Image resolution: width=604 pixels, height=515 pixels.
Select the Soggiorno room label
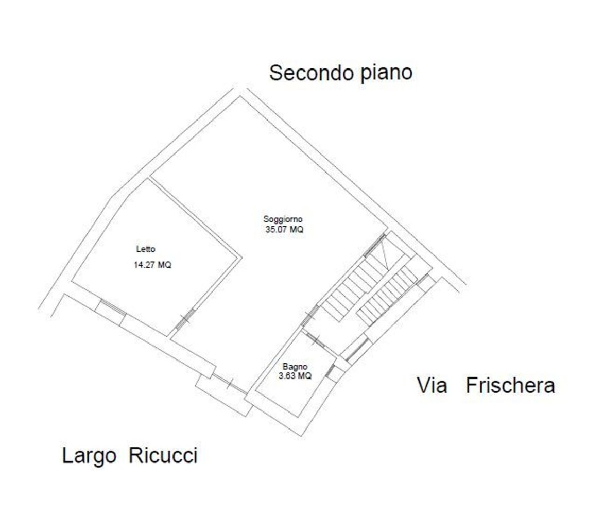[283, 219]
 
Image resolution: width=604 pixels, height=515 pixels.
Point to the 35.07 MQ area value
[284, 230]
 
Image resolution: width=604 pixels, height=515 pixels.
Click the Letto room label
[146, 249]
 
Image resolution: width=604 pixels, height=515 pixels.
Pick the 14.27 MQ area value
[152, 266]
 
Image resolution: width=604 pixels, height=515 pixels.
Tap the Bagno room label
[295, 367]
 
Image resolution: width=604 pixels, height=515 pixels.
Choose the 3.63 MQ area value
[295, 376]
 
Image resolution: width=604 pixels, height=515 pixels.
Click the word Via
[432, 385]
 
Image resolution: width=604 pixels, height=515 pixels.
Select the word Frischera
[510, 385]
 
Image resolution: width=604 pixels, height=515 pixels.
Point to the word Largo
[89, 456]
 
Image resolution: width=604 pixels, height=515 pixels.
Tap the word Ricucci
[163, 456]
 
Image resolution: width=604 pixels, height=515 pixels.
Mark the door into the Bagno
[312, 336]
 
